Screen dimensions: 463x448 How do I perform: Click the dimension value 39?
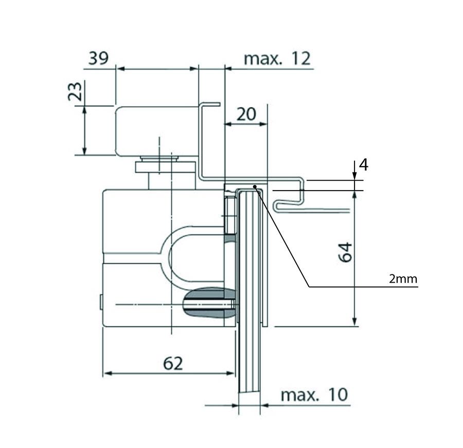pos(99,58)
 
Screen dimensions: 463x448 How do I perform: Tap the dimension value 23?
pos(75,92)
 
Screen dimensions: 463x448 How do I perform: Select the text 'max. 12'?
pos(277,59)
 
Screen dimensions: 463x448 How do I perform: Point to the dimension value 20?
pos(246,114)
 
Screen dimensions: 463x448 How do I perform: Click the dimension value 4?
pos(364,165)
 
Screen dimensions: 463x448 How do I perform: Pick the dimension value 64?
pos(345,252)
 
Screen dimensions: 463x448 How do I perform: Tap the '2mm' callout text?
pos(403,279)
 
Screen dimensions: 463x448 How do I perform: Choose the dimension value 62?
pos(173,363)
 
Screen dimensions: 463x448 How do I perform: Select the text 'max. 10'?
pos(314,394)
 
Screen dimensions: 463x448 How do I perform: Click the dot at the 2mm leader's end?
pos(255,186)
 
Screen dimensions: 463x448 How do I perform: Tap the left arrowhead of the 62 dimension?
pos(108,373)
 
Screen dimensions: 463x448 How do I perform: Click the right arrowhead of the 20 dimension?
pos(263,124)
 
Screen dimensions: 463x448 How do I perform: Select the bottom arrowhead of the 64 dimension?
pos(354,322)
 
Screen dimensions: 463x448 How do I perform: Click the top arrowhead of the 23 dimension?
pos(84,110)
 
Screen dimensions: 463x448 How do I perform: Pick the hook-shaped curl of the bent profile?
pos(278,205)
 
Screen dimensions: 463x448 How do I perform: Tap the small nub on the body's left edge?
pos(101,302)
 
